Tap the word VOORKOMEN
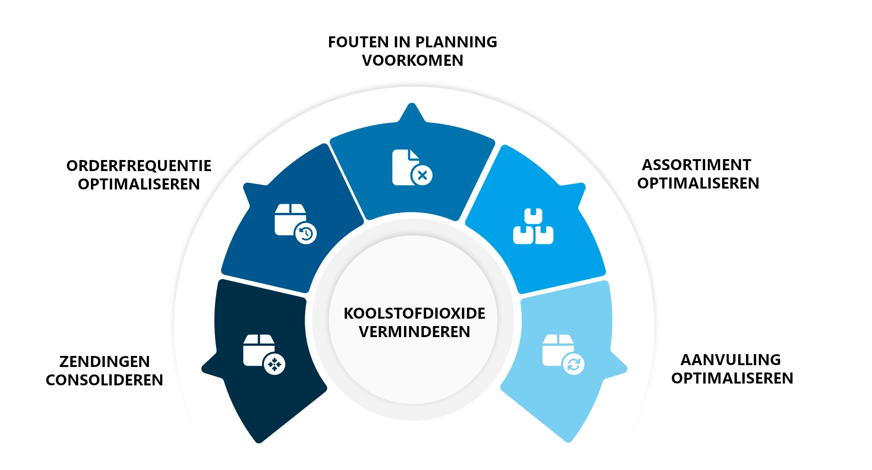(412, 61)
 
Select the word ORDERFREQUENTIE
(139, 166)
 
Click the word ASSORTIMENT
(696, 165)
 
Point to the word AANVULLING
(730, 360)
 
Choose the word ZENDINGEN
(104, 362)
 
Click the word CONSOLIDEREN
(104, 380)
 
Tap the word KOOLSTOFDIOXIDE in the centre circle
(414, 314)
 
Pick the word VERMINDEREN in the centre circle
(414, 332)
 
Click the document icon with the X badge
(412, 167)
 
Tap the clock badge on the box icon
(306, 234)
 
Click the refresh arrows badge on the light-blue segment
(574, 364)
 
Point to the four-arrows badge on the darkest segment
(274, 364)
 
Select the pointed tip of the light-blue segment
(623, 368)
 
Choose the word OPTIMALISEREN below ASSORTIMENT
(698, 183)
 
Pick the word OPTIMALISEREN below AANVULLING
(732, 378)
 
